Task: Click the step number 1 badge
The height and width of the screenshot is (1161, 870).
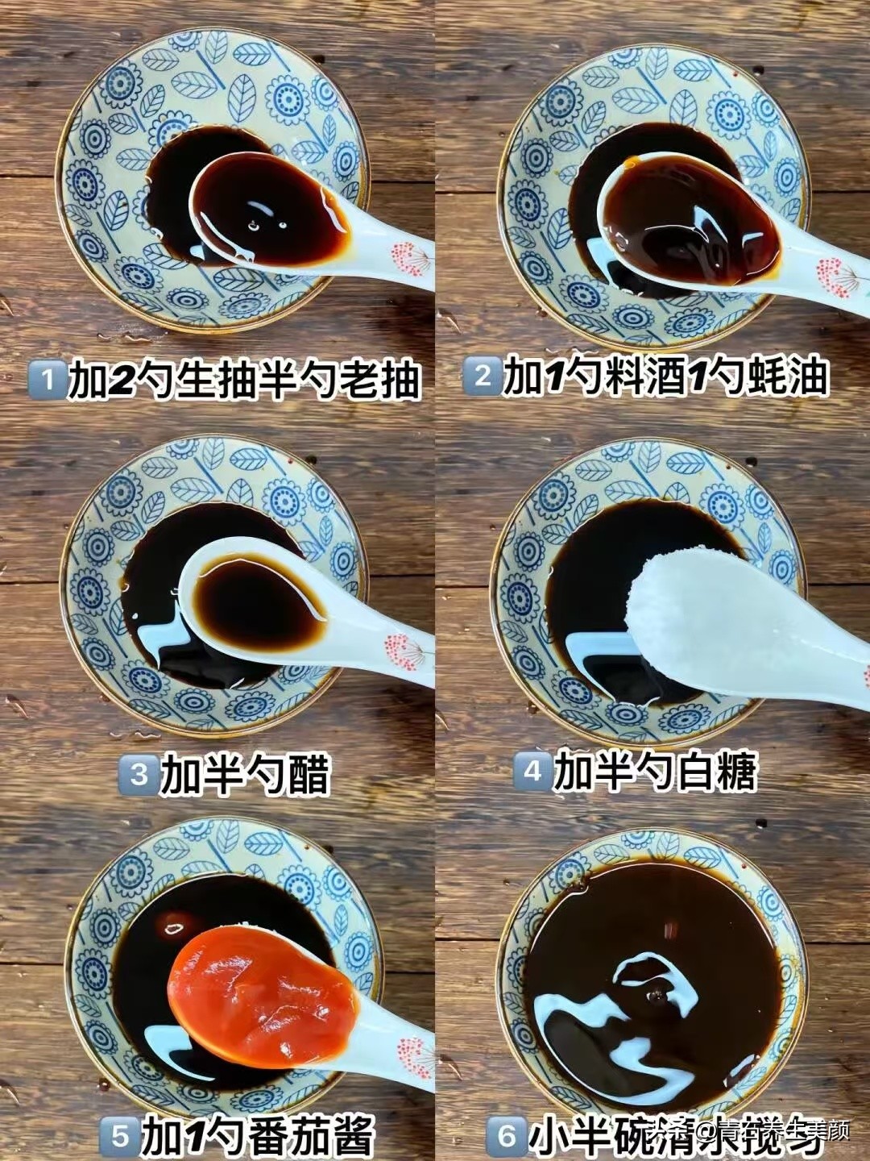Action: [46, 379]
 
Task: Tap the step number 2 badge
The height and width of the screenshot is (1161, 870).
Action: [483, 377]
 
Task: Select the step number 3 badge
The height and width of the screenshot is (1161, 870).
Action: [139, 775]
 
